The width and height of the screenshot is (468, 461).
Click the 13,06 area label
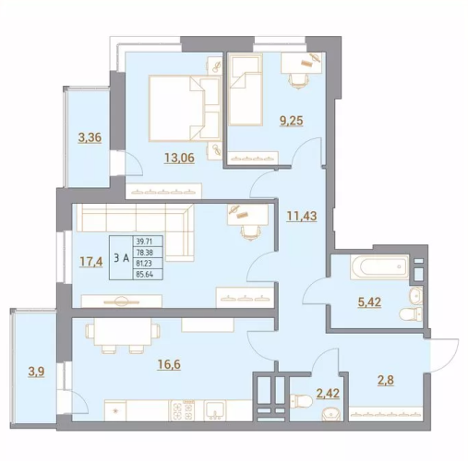[x=179, y=158]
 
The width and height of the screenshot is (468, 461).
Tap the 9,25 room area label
[x=291, y=121]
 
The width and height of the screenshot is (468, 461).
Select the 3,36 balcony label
[x=90, y=137]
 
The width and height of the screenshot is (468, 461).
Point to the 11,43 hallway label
[x=302, y=217]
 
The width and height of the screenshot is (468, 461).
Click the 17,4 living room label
[x=91, y=262]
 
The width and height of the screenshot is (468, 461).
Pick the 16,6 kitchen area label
[x=169, y=365]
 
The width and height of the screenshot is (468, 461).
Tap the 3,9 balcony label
[x=36, y=372]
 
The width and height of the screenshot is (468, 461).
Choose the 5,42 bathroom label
[x=369, y=302]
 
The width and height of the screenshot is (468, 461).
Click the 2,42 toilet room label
[x=328, y=393]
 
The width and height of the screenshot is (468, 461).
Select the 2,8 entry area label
[x=386, y=381]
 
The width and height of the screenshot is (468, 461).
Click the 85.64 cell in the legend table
[x=148, y=274]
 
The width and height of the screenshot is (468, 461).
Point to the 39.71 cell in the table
[x=148, y=241]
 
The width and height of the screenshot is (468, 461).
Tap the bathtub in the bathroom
[x=379, y=266]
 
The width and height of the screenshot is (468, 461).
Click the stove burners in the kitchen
[x=184, y=411]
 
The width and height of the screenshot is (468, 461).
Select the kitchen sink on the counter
[x=215, y=410]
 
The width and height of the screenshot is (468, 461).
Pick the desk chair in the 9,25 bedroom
[x=298, y=81]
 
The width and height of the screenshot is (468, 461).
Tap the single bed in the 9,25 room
[x=246, y=89]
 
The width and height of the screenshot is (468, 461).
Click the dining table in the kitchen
[x=123, y=332]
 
